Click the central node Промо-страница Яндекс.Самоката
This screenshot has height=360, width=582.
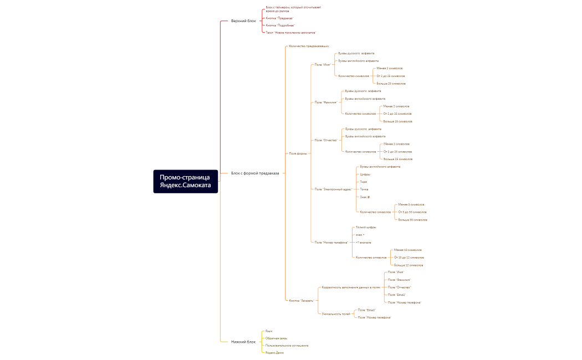tap(185, 181)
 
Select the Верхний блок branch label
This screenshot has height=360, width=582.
tap(243, 21)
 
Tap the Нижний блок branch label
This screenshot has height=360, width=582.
tap(243, 342)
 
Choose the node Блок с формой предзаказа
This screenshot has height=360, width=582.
tap(255, 173)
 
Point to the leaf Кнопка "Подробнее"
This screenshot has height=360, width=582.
tap(280, 25)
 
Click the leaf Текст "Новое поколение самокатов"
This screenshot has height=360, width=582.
tap(291, 33)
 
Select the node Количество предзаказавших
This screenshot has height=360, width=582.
tap(309, 46)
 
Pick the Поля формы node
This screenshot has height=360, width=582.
tap(298, 153)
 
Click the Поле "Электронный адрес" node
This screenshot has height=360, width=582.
tap(333, 189)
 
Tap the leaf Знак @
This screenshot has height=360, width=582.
tap(365, 197)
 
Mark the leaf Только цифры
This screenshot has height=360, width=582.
tap(366, 227)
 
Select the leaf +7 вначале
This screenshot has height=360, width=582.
tap(363, 243)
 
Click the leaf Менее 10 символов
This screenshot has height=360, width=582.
tap(407, 250)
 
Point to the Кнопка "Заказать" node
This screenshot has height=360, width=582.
tap(302, 301)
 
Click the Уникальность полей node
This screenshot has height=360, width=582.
tap(336, 314)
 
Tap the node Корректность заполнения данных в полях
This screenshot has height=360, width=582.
tap(351, 287)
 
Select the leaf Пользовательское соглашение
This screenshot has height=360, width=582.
tap(287, 345)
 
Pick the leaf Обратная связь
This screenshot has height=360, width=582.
tap(276, 338)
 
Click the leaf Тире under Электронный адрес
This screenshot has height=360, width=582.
tap(363, 182)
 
